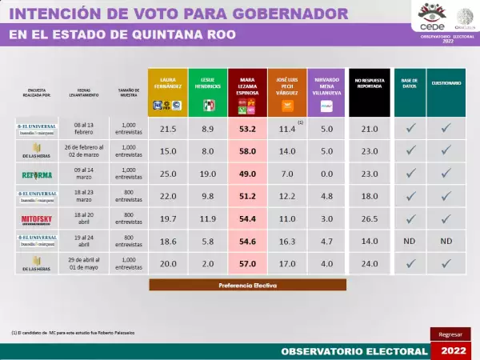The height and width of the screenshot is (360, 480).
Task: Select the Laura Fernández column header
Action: pos(168,92)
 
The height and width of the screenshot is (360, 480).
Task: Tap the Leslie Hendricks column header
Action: pos(208,92)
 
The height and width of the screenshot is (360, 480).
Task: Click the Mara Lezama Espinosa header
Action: pos(247,92)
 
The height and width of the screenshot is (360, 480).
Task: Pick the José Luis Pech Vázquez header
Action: pos(286,92)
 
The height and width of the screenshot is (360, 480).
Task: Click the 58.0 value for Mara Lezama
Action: pos(247,150)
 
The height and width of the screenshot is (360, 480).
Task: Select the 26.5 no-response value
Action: pos(370,218)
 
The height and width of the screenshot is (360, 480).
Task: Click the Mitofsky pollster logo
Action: pos(37,218)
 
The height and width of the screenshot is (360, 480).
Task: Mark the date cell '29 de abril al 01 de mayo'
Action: pos(84,262)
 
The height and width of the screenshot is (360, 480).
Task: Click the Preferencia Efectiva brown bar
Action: pos(247,285)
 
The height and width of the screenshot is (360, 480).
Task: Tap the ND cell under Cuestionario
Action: pos(447,240)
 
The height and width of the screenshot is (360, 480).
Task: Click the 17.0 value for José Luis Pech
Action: pos(286,263)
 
